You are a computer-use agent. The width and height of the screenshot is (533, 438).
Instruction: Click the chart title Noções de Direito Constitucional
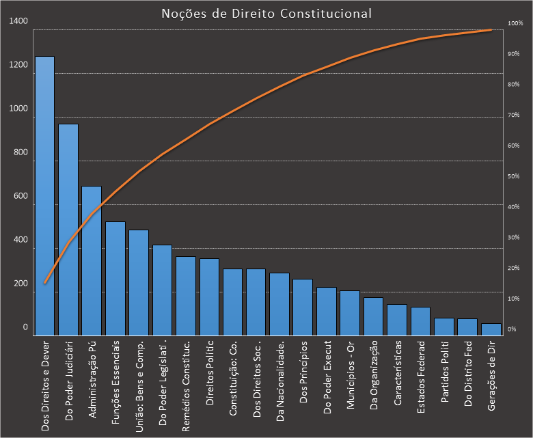266,13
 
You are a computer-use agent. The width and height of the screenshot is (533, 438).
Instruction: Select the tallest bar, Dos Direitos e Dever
44,195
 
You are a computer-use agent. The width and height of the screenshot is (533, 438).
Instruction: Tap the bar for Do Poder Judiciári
68,229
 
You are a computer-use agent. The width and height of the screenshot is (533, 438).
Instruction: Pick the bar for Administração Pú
92,260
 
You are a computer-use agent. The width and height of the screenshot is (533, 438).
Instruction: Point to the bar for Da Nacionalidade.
279,303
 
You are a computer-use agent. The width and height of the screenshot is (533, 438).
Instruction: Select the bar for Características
397,319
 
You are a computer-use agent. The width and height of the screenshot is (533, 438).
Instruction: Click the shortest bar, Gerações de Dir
491,329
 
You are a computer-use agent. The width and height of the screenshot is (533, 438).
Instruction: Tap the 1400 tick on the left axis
19,22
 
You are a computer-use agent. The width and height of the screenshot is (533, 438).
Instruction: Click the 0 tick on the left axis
25,328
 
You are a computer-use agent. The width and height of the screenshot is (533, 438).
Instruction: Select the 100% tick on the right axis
515,24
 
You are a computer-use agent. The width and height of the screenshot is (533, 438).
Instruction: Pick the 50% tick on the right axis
513,177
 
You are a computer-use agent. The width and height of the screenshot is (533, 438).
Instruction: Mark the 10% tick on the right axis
513,299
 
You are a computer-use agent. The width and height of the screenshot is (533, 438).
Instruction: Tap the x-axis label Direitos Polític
210,372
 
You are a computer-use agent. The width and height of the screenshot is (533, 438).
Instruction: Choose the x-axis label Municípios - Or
351,374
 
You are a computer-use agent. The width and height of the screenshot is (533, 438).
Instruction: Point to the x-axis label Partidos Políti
444,373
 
